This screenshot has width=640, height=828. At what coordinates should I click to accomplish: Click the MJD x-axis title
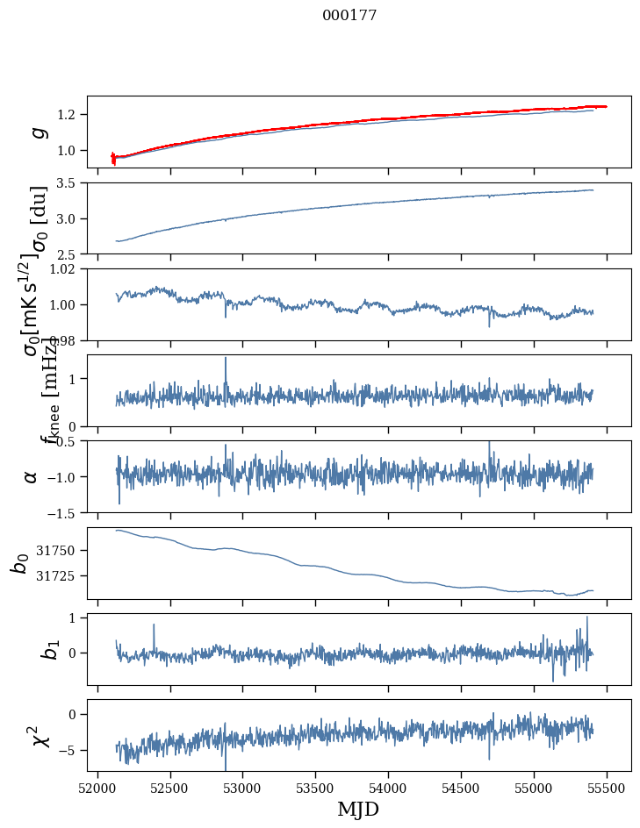click(x=358, y=809)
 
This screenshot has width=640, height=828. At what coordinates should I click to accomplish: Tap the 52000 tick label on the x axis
click(x=97, y=787)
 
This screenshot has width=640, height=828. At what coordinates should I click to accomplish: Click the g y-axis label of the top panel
click(x=38, y=132)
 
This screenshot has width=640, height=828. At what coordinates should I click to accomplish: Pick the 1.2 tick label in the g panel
click(x=69, y=115)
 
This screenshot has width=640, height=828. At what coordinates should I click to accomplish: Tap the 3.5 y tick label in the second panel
click(x=69, y=183)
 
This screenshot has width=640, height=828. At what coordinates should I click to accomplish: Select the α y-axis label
click(x=31, y=476)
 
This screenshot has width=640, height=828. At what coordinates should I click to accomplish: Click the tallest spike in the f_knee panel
click(x=226, y=358)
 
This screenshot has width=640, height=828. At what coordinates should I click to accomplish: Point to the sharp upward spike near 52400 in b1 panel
click(x=154, y=625)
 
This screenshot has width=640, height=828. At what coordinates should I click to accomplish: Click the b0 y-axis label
click(x=21, y=563)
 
